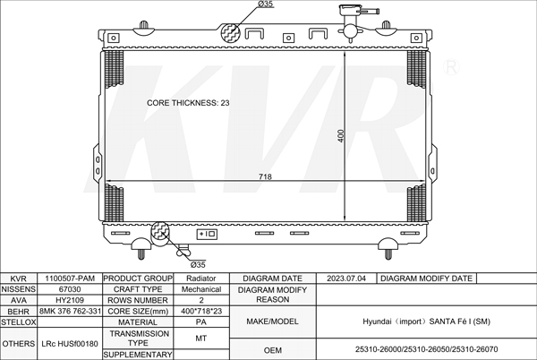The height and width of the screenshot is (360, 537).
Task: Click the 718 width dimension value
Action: (265, 176)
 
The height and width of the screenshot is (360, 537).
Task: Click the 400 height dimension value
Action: (340, 135)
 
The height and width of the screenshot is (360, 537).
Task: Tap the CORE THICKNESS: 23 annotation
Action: (188, 103)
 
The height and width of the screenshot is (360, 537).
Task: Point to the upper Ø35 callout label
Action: (265, 4)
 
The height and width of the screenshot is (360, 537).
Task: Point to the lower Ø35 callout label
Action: (198, 264)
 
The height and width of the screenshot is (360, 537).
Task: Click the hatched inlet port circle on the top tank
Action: (230, 33)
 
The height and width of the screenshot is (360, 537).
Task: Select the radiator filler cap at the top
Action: (350, 9)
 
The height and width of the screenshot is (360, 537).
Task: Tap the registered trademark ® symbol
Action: (451, 67)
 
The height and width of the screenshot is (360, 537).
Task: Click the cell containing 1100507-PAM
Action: (70, 279)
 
